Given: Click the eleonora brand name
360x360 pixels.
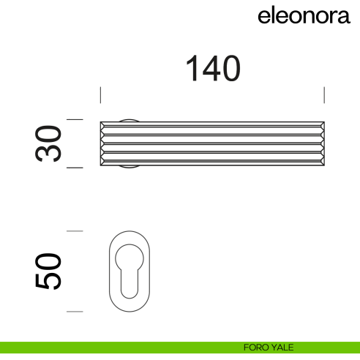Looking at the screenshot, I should point(303,17).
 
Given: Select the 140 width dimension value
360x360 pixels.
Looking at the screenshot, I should point(213,69).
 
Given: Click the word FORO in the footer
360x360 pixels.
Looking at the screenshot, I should point(256,348).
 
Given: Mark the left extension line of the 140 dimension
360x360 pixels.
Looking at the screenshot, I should point(100,95).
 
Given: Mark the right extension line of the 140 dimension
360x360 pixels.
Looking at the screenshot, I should point(324,95).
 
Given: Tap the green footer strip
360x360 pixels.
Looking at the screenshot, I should point(110,348).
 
